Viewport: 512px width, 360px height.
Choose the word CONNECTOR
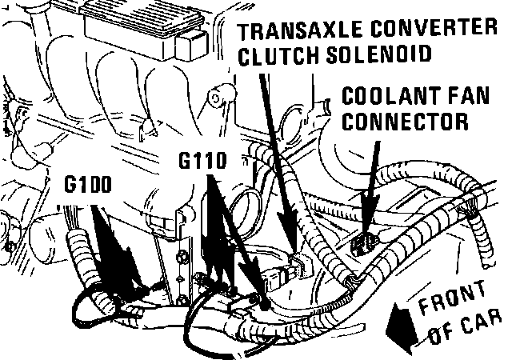405,121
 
